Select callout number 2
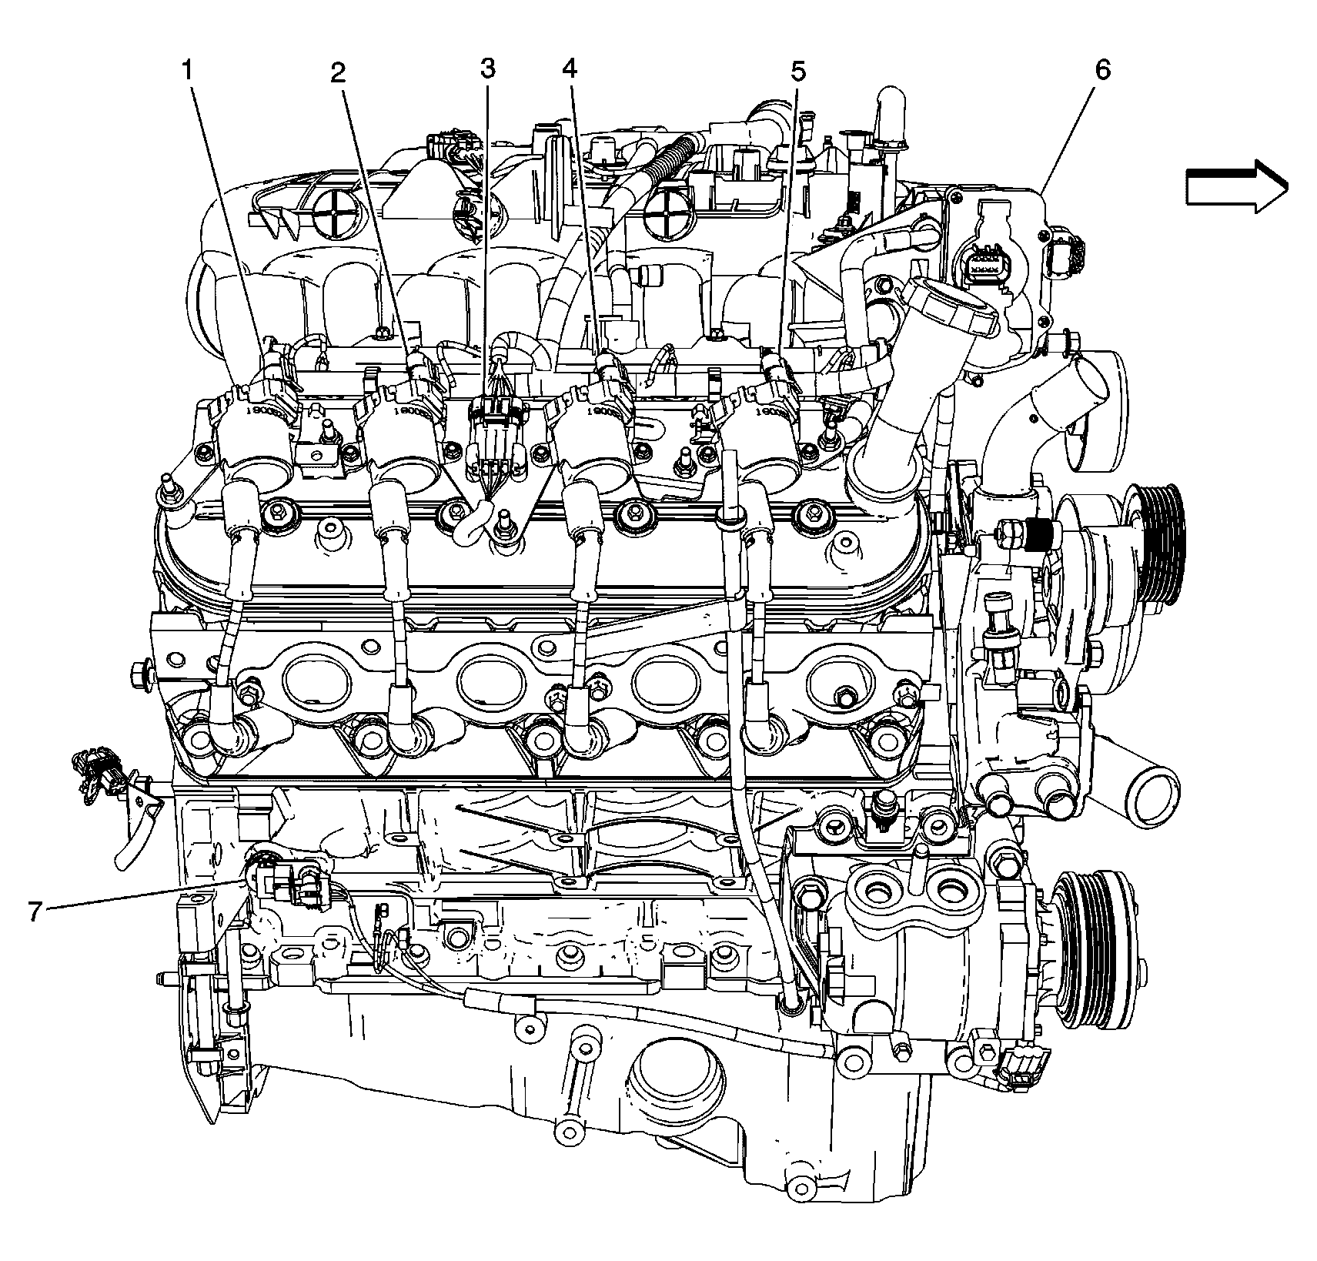[337, 73]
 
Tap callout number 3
[487, 69]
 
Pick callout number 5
[797, 72]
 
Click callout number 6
[1102, 70]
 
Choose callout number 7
[34, 911]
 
